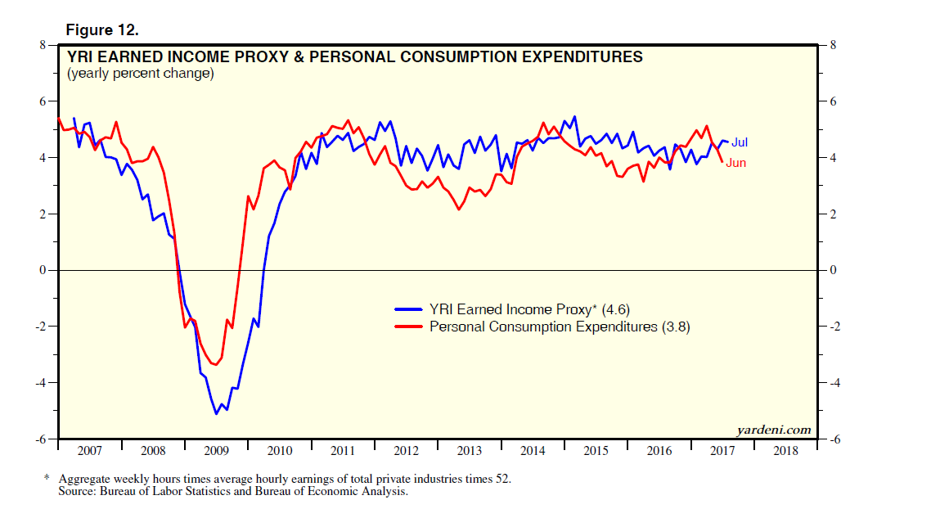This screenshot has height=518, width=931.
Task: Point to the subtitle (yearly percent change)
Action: (141, 74)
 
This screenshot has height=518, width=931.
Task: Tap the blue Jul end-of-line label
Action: (739, 142)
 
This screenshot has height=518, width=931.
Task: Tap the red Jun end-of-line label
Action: (736, 163)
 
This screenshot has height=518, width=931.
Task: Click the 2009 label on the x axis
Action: (216, 451)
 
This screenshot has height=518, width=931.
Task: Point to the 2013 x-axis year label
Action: (469, 451)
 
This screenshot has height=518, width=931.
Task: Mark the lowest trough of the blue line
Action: (216, 413)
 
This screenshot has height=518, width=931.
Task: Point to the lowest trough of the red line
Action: (215, 365)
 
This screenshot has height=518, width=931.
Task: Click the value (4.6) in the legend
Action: (614, 309)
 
